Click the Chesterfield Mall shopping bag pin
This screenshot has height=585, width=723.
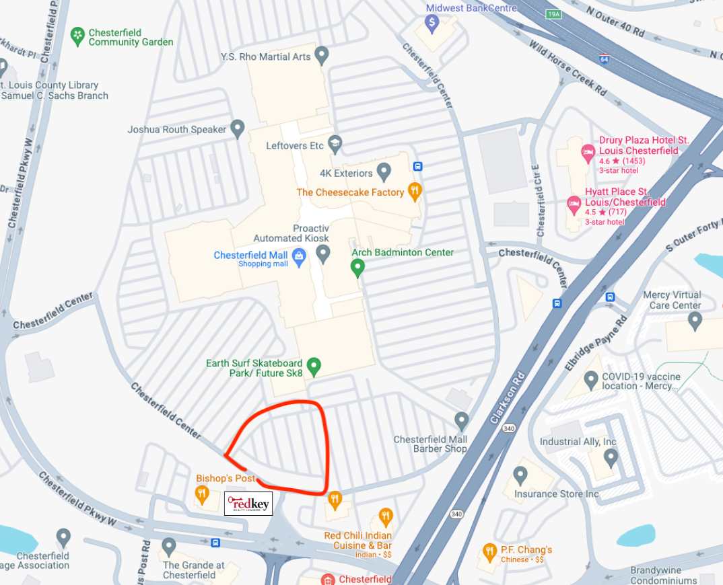tap(300, 256)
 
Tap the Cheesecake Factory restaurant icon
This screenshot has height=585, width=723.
tap(415, 192)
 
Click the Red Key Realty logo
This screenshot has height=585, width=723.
tap(248, 504)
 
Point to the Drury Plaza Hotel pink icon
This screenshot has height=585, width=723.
tap(588, 153)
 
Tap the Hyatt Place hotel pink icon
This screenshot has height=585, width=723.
tap(574, 202)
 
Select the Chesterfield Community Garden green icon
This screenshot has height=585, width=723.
tap(78, 34)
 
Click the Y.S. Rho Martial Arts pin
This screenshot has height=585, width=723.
tap(322, 55)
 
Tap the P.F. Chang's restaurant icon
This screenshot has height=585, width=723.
tap(489, 553)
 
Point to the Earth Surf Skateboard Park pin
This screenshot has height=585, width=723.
tap(313, 366)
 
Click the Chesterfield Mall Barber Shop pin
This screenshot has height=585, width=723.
tap(461, 421)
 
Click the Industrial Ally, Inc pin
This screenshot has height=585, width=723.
tap(611, 457)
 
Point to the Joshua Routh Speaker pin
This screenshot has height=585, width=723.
tap(237, 128)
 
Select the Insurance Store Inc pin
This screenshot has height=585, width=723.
tap(520, 476)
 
